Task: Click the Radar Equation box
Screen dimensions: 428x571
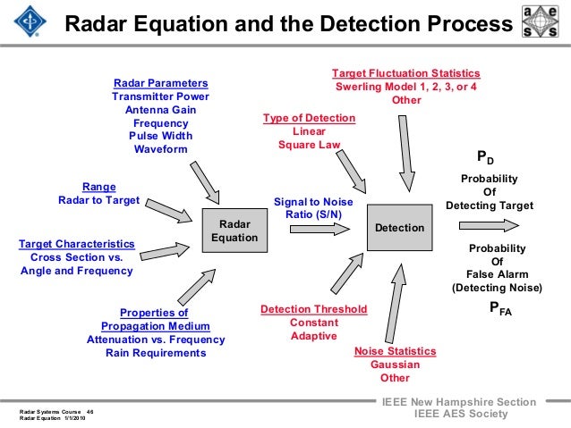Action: click(x=234, y=231)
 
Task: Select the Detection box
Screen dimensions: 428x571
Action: click(x=399, y=228)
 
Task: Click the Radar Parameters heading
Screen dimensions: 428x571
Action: click(x=160, y=83)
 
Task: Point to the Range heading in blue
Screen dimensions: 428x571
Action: click(x=98, y=187)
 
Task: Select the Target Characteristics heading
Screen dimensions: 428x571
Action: click(x=77, y=243)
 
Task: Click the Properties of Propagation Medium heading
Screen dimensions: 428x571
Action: click(x=155, y=320)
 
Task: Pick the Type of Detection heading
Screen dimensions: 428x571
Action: click(x=309, y=118)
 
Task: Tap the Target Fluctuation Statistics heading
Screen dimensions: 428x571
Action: click(x=405, y=73)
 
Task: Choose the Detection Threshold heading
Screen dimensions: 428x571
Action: click(x=313, y=309)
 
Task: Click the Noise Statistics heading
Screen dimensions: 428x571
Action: click(x=395, y=351)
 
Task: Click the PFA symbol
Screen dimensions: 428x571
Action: click(x=499, y=309)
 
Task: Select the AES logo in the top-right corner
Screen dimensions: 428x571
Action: click(x=542, y=24)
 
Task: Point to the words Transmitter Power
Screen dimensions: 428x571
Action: click(x=160, y=97)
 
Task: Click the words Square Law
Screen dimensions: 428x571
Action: click(x=309, y=145)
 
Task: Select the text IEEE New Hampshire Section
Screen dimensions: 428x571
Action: click(x=458, y=402)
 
